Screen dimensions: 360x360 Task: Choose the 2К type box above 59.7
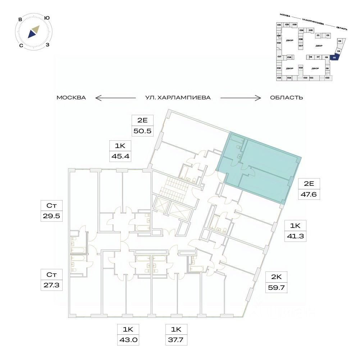click(276, 276)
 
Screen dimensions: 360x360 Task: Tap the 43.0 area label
click(128, 339)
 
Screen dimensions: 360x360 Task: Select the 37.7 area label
click(176, 339)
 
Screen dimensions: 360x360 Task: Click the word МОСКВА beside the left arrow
click(71, 98)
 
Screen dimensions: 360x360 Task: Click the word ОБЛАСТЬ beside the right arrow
click(286, 98)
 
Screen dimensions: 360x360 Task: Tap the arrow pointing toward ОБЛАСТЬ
click(240, 98)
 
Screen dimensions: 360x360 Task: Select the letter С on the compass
click(22, 45)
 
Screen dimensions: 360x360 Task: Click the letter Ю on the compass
click(47, 18)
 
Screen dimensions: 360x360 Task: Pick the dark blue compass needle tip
click(32, 34)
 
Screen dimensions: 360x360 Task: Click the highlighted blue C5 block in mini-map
click(334, 57)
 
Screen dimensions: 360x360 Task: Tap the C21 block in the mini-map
click(279, 24)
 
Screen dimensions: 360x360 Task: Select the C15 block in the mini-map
click(279, 78)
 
